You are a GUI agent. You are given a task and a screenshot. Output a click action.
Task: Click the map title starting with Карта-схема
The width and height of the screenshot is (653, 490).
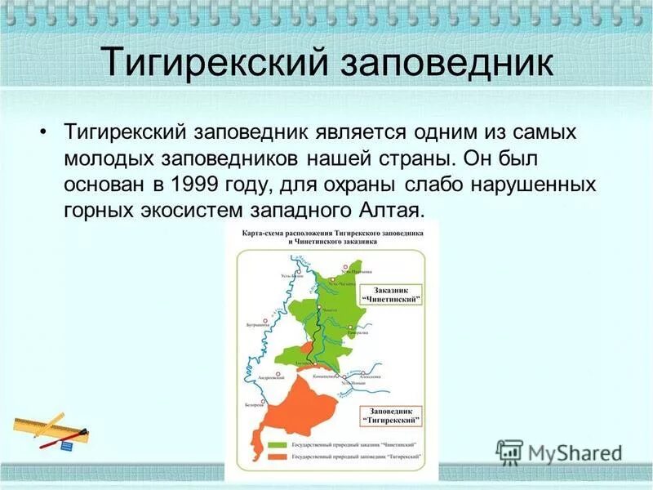coord(332,237)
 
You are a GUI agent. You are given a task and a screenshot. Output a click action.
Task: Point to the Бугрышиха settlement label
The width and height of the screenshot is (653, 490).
coord(257,324)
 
